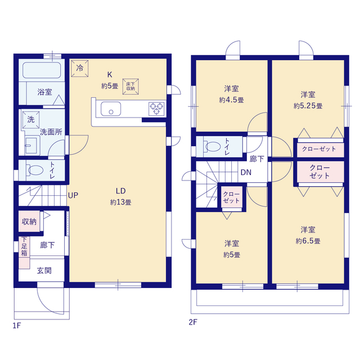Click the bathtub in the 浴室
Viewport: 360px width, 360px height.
pyautogui.click(x=42, y=70)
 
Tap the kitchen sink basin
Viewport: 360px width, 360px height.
pyautogui.click(x=111, y=109)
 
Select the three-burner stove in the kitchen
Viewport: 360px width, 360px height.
pyautogui.click(x=156, y=109)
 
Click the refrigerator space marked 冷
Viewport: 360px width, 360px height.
pyautogui.click(x=80, y=68)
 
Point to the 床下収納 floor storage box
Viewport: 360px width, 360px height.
pyautogui.click(x=130, y=87)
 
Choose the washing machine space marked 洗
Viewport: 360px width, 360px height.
pyautogui.click(x=31, y=120)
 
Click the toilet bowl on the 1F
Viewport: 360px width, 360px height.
pyautogui.click(x=35, y=170)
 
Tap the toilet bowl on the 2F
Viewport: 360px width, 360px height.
pyautogui.click(x=213, y=146)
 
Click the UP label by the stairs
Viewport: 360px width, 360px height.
pyautogui.click(x=73, y=195)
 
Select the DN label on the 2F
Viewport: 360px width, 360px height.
pyautogui.click(x=246, y=172)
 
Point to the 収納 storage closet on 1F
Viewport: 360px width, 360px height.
pyautogui.click(x=29, y=221)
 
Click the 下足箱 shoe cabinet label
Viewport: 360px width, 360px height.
pyautogui.click(x=24, y=246)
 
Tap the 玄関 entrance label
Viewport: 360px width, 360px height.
pyautogui.click(x=44, y=271)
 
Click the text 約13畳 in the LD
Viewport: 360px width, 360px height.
pyautogui.click(x=120, y=202)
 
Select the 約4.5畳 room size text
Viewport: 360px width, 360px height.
pyautogui.click(x=231, y=100)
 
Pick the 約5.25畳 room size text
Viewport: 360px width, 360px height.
pyautogui.click(x=308, y=106)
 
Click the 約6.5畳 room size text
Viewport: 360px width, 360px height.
pyautogui.click(x=308, y=241)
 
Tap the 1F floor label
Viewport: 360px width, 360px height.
pyautogui.click(x=17, y=326)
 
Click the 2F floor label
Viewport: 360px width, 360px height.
pyautogui.click(x=193, y=322)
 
